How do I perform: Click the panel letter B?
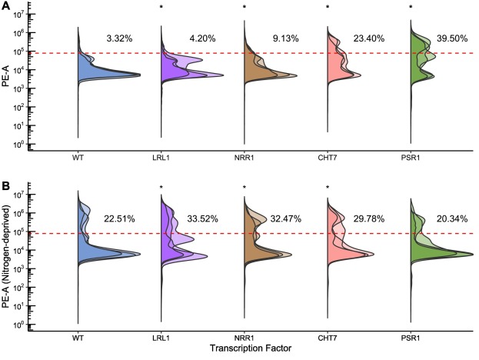point(5,186)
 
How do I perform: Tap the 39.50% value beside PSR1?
point(452,38)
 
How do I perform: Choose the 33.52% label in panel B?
point(203,218)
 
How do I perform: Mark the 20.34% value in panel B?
point(452,218)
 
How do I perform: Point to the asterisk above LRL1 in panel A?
point(161,8)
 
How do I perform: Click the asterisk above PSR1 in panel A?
point(410,8)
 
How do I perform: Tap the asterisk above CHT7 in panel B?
point(327,188)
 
